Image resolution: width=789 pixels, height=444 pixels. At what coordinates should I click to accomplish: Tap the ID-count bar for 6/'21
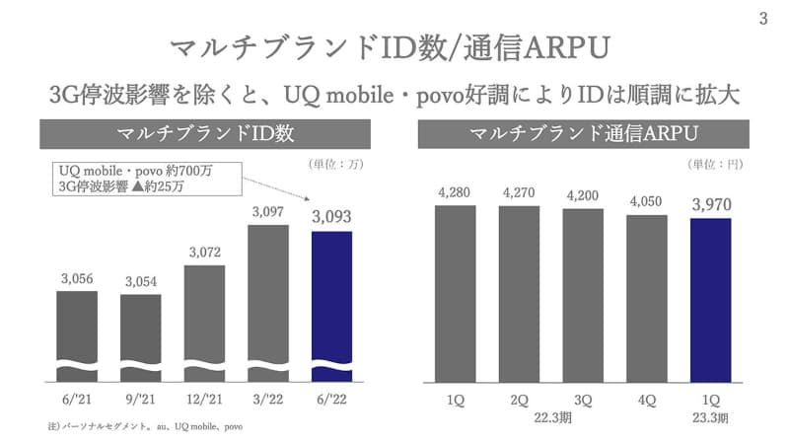(x=76, y=326)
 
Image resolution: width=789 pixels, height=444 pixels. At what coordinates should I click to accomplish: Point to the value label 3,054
(x=141, y=282)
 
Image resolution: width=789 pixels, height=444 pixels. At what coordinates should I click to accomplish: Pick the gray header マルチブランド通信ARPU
(x=584, y=134)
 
